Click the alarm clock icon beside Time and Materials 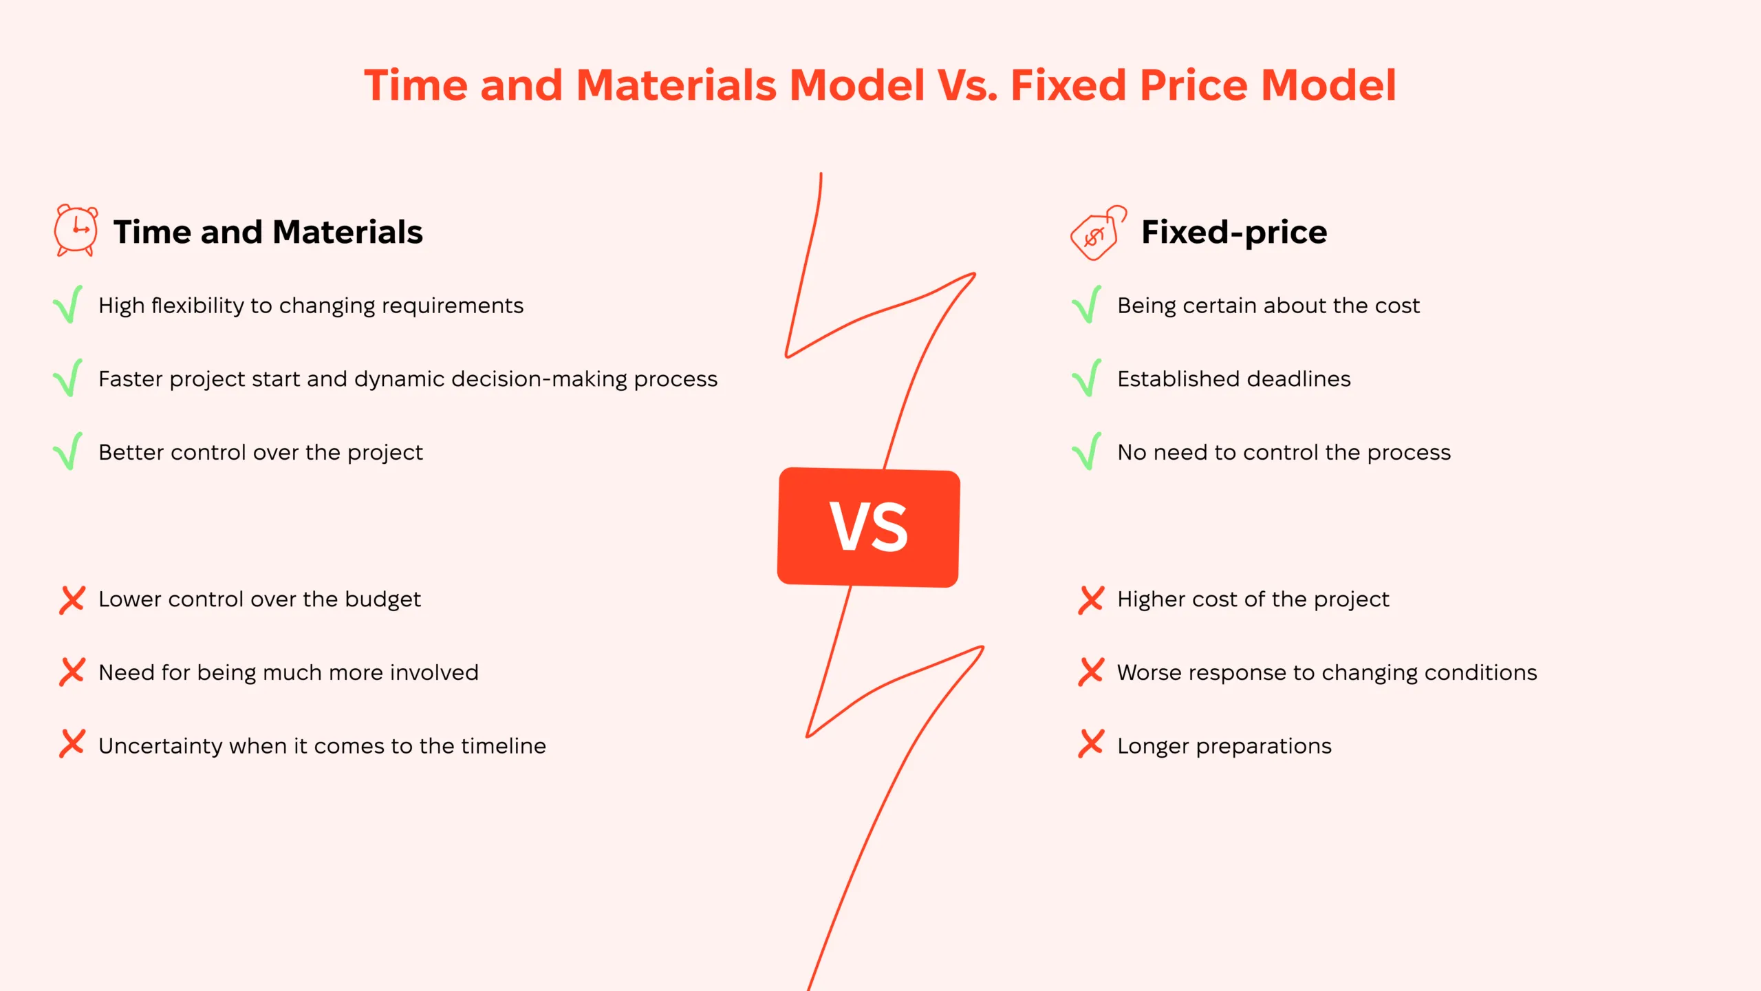pos(76,231)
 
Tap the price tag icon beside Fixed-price pos(1098,233)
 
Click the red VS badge pos(869,527)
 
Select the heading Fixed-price pos(1234,232)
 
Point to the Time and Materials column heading pos(268,232)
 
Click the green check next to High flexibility pos(68,304)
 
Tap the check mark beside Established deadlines pos(1087,378)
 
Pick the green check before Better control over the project pos(68,451)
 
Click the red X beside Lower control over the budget pos(72,599)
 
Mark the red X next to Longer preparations pos(1091,744)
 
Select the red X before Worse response pos(1091,672)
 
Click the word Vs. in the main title pos(967,85)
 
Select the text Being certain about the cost pos(1268,306)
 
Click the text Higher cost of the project pos(1253,599)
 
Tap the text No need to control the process pos(1284,453)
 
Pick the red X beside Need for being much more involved pos(72,672)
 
